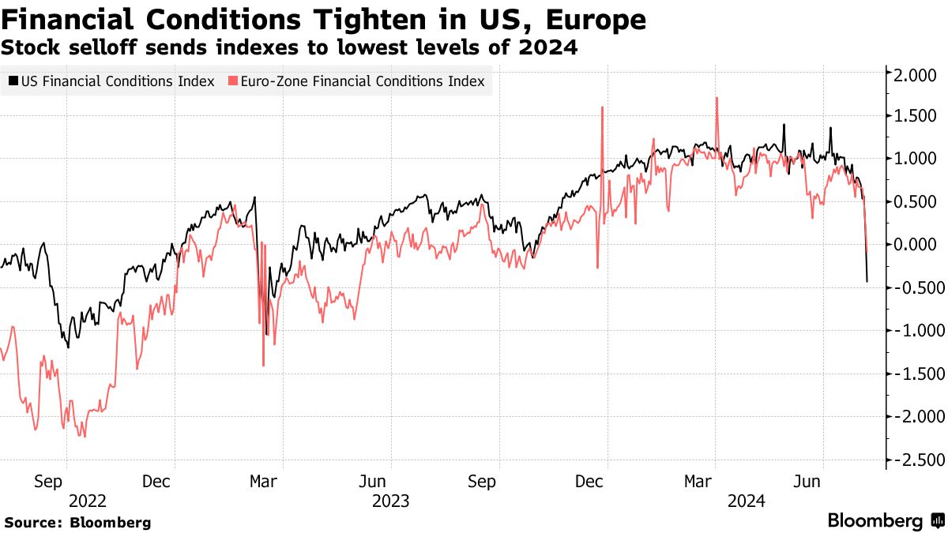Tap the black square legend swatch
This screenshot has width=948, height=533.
pos(13,81)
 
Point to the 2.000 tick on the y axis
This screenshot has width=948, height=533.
pos(915,74)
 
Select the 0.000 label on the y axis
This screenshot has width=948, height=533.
pos(915,246)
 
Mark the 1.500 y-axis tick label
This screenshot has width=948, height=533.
pos(915,117)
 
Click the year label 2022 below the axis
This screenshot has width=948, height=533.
pos(88,500)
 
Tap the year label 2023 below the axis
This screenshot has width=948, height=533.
pos(391,500)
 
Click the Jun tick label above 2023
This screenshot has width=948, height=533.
pos(372,481)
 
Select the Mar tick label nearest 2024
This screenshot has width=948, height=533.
pos(696,481)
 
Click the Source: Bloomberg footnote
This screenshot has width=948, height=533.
pos(77,523)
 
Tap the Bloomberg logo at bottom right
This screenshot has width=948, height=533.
pos(885,521)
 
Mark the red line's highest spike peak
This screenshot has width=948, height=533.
pos(717,98)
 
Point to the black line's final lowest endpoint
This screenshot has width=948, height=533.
pos(867,281)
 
